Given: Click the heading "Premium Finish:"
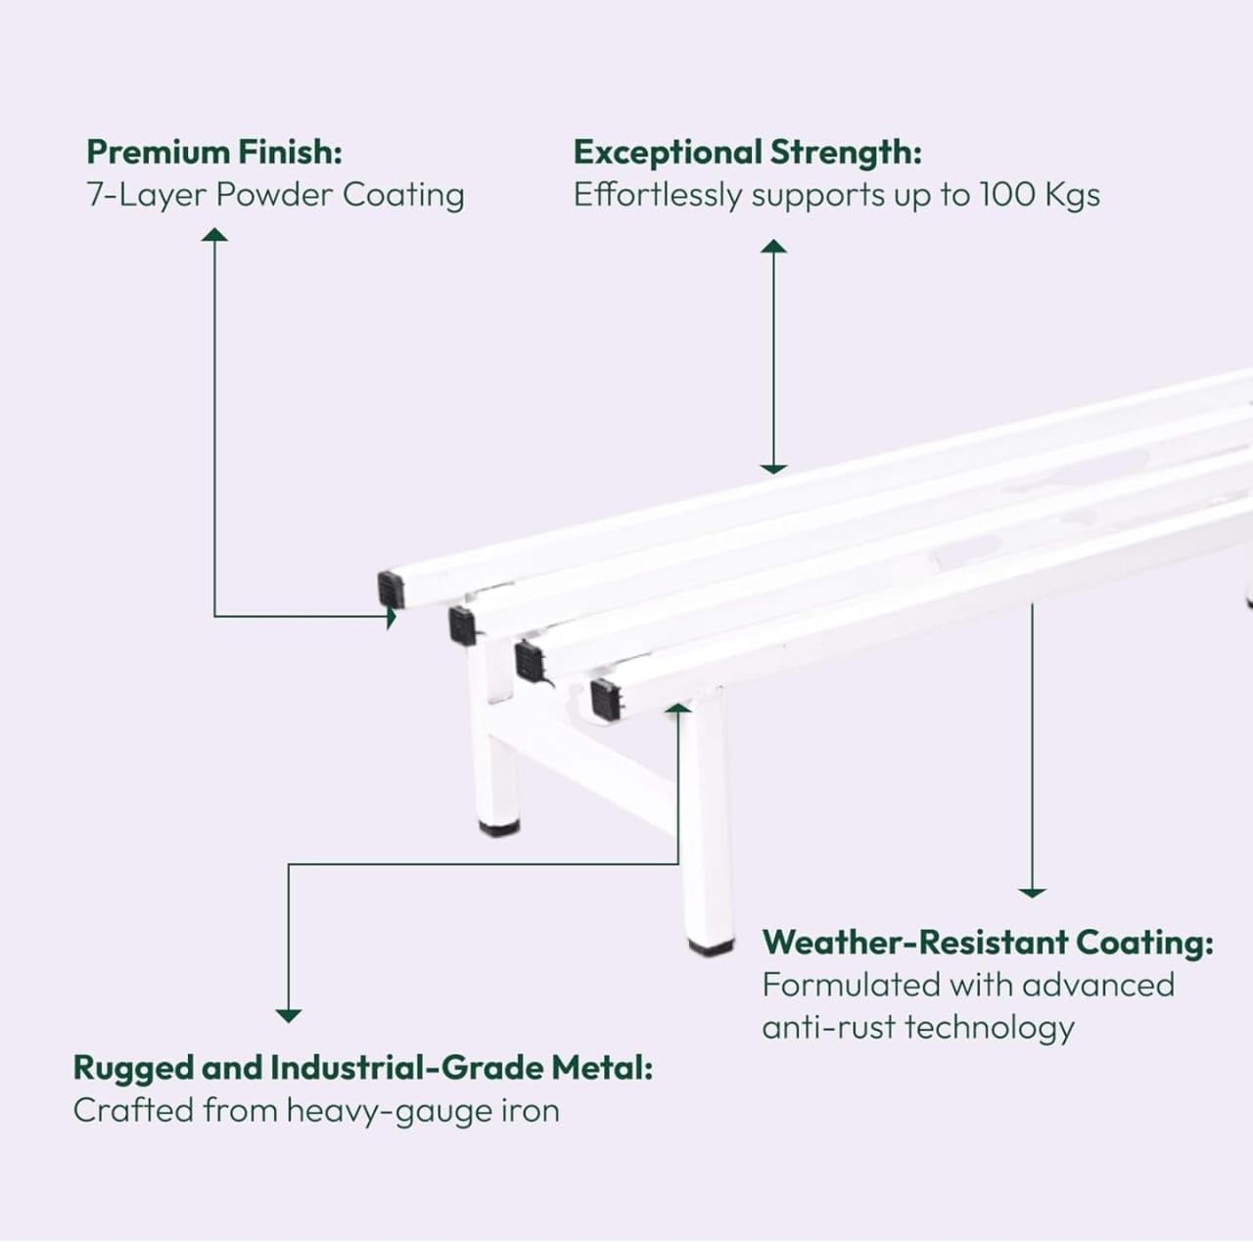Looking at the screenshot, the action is (x=214, y=152).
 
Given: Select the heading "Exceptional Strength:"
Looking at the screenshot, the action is (x=747, y=153).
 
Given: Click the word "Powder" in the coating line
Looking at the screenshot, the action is (x=274, y=195).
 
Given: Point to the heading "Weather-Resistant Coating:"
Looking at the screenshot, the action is (x=988, y=943).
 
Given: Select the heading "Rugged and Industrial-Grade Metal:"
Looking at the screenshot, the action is (x=363, y=1068).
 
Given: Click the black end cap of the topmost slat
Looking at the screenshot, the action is (x=392, y=590).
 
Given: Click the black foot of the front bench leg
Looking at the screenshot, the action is (x=711, y=948).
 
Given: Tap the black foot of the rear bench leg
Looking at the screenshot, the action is (x=498, y=828).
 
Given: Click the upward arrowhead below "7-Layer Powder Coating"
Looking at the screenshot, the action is (x=214, y=235).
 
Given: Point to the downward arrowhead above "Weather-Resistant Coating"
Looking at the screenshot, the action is (x=1032, y=893).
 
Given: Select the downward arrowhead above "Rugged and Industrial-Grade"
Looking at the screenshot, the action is (x=288, y=1016).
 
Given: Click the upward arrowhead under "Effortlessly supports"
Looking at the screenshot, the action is (x=773, y=246).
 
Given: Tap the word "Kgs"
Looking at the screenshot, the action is (x=1073, y=195).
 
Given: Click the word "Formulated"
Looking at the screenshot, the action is (x=851, y=985).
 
